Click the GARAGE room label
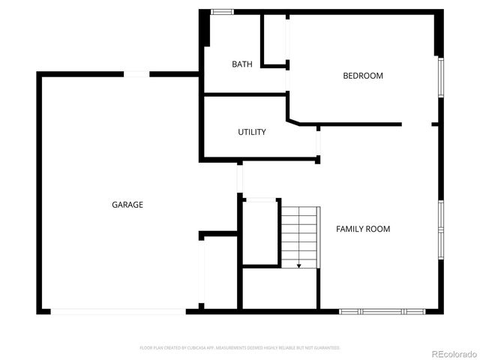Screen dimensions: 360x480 127,205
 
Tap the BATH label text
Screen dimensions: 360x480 241,64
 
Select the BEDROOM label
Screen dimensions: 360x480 363,76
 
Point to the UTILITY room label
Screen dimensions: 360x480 252,132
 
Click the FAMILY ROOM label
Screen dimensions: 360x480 363,229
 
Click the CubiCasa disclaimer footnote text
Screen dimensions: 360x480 240,348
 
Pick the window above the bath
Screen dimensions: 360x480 222,12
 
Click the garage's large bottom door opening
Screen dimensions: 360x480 118,311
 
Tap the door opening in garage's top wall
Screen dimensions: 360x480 136,73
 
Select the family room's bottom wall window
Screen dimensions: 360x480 382,310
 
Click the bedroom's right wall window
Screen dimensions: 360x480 441,78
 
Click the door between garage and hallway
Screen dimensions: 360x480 239,178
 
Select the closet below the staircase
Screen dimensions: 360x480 279,288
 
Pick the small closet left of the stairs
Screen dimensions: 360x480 259,232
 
